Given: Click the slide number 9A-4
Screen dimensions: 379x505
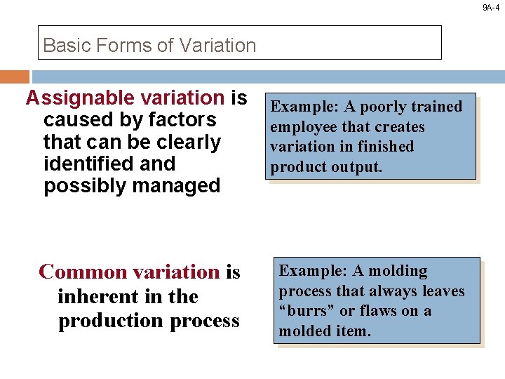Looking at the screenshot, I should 490,8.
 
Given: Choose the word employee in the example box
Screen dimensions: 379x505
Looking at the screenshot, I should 300,127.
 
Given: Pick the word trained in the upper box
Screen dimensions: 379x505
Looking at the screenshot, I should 437,107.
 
